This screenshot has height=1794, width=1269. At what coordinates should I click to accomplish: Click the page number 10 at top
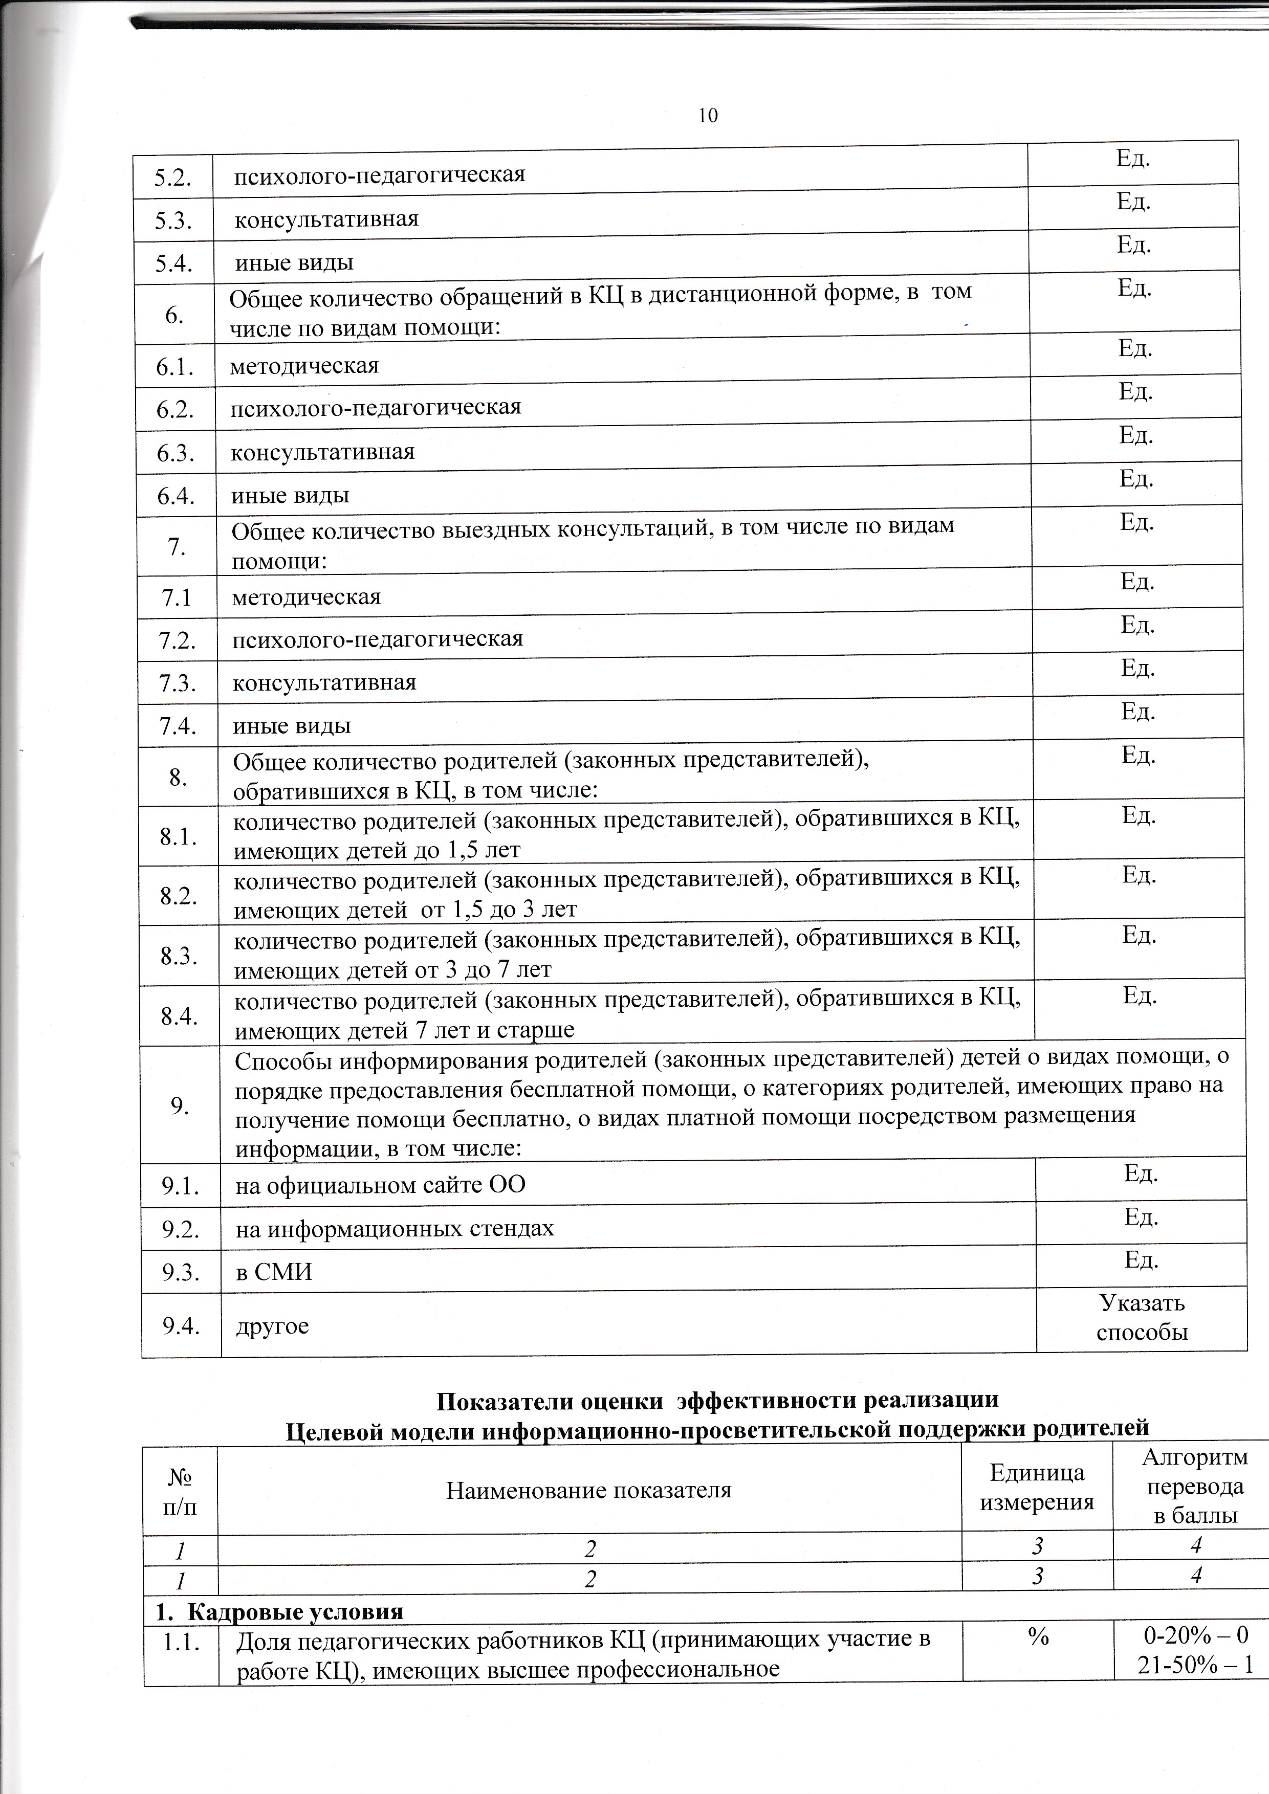708,116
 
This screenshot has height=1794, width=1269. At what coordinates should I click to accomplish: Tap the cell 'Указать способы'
1142,1318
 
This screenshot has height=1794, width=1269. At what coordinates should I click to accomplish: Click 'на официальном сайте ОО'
381,1185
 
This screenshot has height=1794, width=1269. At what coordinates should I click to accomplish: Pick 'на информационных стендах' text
395,1229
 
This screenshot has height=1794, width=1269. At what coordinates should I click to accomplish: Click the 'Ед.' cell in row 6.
1134,289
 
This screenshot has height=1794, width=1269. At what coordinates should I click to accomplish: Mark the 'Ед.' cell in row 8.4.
1140,995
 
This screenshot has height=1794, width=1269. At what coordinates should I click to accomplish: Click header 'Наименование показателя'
588,1491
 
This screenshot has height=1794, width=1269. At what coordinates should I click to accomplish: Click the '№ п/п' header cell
180,1491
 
